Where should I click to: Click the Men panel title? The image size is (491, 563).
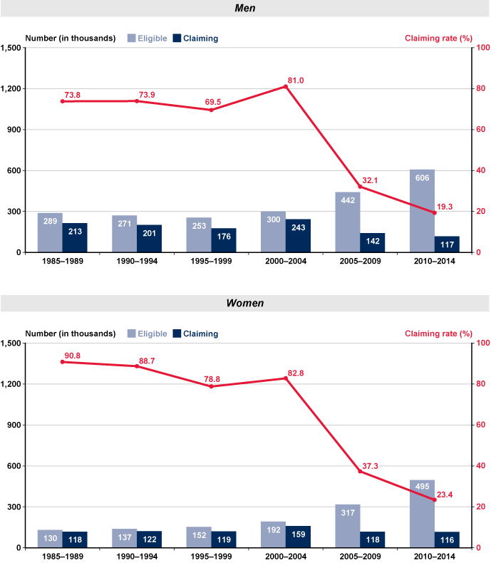[245, 8]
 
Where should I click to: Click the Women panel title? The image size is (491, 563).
[245, 303]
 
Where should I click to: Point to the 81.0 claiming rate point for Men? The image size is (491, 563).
[286, 87]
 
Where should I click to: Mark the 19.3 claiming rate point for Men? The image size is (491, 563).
[434, 213]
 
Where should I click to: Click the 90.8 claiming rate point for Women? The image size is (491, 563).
[63, 362]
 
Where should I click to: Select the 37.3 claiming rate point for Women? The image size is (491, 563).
[360, 472]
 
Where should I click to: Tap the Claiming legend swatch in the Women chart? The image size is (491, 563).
[180, 334]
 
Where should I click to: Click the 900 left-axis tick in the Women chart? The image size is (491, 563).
[16, 425]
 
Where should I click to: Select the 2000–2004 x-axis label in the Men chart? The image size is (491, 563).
[285, 262]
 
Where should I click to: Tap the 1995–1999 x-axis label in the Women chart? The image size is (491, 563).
[211, 557]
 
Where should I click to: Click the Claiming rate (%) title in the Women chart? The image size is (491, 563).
[438, 334]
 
